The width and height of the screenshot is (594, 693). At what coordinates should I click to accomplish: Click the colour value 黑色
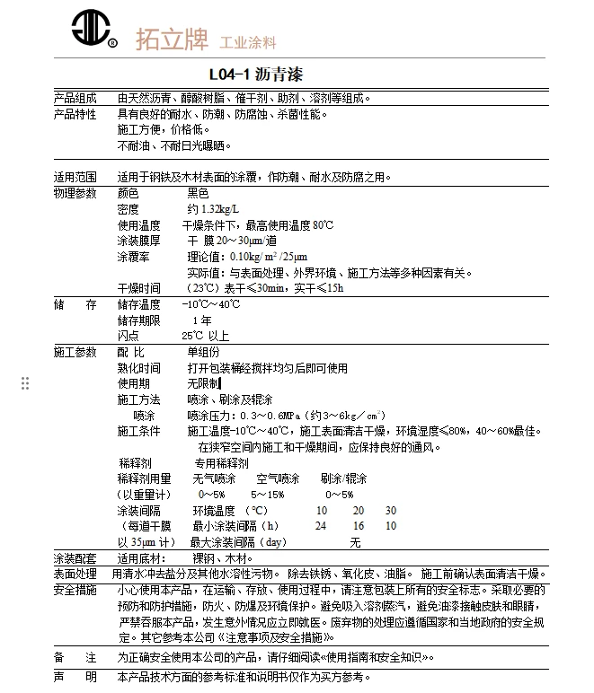[198, 193]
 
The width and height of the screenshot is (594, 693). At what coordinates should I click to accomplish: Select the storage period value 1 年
[202, 320]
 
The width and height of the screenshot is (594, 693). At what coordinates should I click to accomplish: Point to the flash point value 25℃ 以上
[205, 336]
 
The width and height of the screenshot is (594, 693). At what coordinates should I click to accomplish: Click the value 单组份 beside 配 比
[203, 352]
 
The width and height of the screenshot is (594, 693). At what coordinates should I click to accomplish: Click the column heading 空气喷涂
[278, 478]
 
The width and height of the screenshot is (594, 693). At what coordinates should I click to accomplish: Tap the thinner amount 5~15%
[268, 495]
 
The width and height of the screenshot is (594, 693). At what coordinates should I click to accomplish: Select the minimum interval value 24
[321, 526]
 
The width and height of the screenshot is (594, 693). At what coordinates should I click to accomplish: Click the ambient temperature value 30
[391, 510]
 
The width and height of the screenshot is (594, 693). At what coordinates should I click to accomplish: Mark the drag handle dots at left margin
[25, 383]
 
